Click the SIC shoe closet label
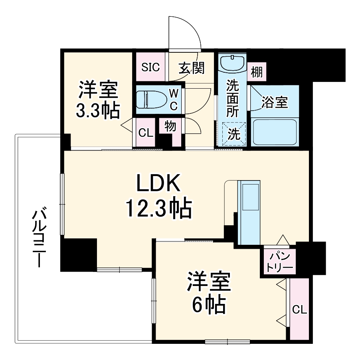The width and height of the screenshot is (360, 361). click(x=151, y=67)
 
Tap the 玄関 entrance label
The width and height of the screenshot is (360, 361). click(x=191, y=68)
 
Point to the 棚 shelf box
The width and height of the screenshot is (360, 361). click(x=257, y=72)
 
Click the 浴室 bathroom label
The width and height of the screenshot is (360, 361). click(x=275, y=102)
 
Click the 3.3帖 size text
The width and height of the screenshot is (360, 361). click(x=98, y=111)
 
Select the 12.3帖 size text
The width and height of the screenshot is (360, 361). click(x=159, y=208)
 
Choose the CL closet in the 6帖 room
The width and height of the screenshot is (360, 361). click(x=299, y=309)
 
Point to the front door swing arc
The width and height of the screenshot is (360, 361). click(x=188, y=32)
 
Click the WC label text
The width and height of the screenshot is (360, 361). click(x=174, y=100)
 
